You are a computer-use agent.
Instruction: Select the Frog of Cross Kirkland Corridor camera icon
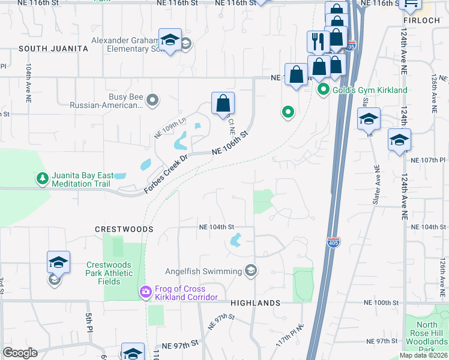pyautogui.click(x=145, y=293)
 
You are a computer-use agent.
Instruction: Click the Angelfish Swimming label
pyautogui.click(x=204, y=271)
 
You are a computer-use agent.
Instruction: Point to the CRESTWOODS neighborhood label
pyautogui.click(x=120, y=229)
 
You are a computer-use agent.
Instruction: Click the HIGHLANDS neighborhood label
pyautogui.click(x=255, y=304)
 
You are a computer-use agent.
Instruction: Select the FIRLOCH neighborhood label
pyautogui.click(x=423, y=20)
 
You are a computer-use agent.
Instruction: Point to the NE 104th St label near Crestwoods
pyautogui.click(x=216, y=227)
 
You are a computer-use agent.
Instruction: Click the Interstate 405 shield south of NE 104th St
pyautogui.click(x=334, y=242)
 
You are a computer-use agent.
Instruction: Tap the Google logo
pyautogui.click(x=20, y=353)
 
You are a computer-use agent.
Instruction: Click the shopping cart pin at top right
pyautogui.click(x=411, y=4)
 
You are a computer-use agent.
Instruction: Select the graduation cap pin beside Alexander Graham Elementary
pyautogui.click(x=170, y=40)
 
